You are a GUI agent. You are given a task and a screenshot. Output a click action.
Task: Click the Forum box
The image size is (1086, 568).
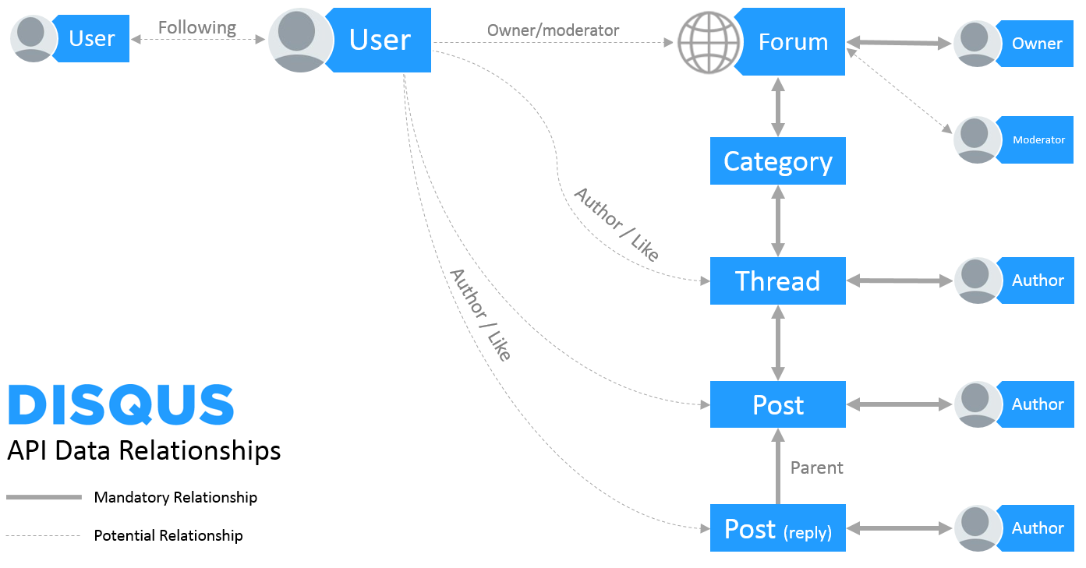click(791, 41)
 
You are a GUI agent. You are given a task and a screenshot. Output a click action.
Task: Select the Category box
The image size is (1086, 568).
click(777, 161)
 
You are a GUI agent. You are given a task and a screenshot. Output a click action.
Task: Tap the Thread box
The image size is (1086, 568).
click(777, 281)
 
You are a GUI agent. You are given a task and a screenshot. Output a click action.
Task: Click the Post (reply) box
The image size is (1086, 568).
click(777, 528)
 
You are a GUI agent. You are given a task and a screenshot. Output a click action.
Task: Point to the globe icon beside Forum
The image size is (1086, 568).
click(709, 43)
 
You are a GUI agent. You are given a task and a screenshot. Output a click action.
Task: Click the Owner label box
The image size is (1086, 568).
click(1035, 44)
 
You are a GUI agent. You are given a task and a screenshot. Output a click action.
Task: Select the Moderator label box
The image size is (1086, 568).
click(1035, 139)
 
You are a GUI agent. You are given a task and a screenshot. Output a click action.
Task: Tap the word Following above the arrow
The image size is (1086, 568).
click(196, 28)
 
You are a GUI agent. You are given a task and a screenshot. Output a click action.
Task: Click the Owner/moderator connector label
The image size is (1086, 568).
click(553, 30)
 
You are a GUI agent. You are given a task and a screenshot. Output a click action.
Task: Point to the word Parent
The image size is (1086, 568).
click(816, 467)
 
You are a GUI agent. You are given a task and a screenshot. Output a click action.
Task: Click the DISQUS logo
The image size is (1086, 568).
click(121, 404)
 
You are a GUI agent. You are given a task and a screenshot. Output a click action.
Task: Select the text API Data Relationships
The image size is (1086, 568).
click(144, 450)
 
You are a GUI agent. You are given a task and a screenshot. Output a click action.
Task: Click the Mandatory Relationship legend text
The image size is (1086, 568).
click(175, 497)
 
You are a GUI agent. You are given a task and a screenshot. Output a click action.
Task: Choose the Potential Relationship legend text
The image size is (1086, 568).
click(168, 535)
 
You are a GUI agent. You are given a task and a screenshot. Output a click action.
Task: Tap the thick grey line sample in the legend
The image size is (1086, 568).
click(44, 497)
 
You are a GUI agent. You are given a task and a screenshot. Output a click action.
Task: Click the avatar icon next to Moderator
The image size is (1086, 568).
click(977, 140)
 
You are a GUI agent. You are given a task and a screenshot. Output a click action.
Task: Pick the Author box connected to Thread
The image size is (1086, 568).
click(1035, 280)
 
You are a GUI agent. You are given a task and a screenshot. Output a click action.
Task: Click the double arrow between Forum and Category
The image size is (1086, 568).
click(778, 107)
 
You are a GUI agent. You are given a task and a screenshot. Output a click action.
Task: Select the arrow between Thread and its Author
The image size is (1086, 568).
click(900, 280)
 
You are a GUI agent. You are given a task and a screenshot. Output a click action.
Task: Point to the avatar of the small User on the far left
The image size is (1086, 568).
click(33, 38)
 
